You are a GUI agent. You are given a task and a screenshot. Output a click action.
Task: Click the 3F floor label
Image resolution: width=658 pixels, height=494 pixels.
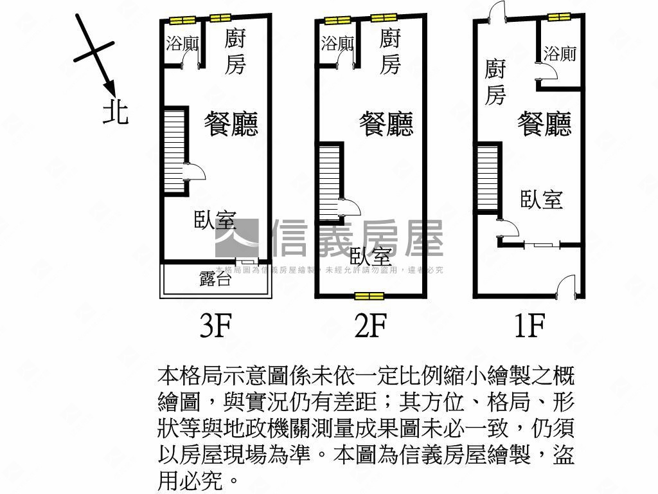pyautogui.click(x=215, y=326)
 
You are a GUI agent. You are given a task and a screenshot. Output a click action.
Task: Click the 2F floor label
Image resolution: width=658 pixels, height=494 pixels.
pyautogui.click(x=371, y=326)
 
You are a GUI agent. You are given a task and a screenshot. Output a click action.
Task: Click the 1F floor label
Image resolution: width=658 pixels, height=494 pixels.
pyautogui.click(x=528, y=326)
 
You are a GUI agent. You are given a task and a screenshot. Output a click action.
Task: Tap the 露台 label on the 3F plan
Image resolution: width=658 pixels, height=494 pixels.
pyautogui.click(x=215, y=279)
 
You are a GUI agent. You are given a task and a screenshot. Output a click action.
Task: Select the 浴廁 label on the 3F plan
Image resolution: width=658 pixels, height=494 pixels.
pyautogui.click(x=182, y=44)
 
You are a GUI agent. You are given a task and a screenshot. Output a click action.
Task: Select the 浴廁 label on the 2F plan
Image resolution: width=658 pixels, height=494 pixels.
pyautogui.click(x=337, y=44)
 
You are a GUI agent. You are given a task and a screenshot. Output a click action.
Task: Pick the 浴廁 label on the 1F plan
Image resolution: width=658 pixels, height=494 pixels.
pyautogui.click(x=560, y=53)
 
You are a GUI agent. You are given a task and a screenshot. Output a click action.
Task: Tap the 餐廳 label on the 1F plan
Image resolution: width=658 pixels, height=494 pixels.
pyautogui.click(x=544, y=123)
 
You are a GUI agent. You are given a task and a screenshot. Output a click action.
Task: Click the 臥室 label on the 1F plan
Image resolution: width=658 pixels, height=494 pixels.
pyautogui.click(x=541, y=199)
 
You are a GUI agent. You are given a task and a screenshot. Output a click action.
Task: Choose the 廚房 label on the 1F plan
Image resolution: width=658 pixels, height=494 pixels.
pyautogui.click(x=495, y=82)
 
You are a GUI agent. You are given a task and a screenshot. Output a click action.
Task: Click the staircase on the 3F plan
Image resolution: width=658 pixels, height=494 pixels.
pyautogui.click(x=174, y=151)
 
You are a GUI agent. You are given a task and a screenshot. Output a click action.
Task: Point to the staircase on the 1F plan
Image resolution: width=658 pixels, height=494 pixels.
pyautogui.click(x=488, y=178)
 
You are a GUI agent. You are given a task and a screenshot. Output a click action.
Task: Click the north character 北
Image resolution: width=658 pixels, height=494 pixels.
pyautogui.click(x=116, y=112)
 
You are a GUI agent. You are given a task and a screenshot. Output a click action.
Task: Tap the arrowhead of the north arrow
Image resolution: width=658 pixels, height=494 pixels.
pyautogui.click(x=109, y=87)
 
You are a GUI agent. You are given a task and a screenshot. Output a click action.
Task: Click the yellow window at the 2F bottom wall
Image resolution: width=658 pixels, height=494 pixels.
pyautogui.click(x=369, y=296)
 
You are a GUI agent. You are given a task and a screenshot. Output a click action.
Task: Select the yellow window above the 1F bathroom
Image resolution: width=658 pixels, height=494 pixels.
pyautogui.click(x=559, y=17)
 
